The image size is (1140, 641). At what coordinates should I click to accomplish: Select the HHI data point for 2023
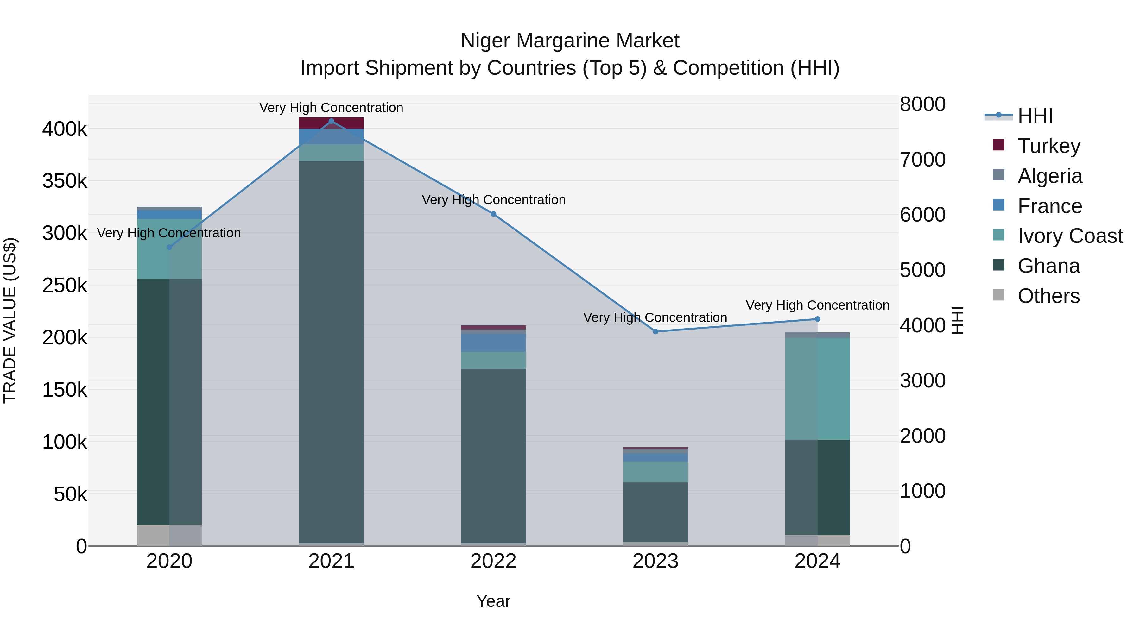655,331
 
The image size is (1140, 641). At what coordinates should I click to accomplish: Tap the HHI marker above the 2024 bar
817,319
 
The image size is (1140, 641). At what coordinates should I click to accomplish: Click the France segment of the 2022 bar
493,342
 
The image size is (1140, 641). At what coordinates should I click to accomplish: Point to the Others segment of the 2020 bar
169,535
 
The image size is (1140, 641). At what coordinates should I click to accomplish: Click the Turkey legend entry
1049,146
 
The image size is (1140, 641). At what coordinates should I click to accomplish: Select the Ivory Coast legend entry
1070,236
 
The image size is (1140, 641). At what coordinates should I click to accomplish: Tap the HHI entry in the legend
1035,116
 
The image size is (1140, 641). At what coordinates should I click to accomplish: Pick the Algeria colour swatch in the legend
999,175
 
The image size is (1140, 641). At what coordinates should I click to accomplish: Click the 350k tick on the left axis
65,181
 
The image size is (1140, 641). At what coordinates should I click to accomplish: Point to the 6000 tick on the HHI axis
922,215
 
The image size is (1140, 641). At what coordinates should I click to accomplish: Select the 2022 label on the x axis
493,561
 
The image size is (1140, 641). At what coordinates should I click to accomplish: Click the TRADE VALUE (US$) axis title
10,320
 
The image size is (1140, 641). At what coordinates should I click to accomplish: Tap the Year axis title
493,601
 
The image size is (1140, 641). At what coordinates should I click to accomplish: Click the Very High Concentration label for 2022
493,200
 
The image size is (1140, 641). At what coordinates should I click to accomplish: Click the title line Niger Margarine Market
570,41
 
